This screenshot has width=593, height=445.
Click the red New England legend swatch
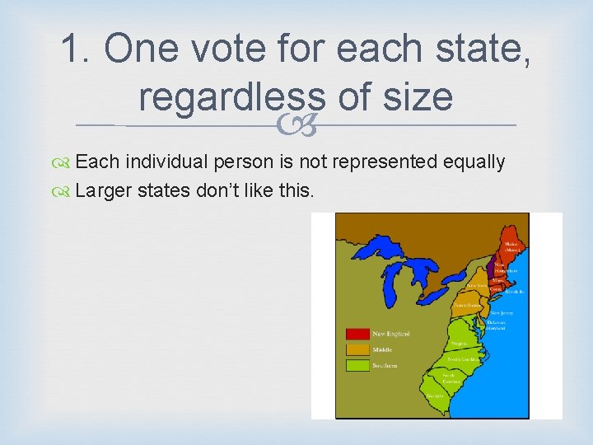(357, 334)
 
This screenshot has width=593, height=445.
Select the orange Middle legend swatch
(357, 349)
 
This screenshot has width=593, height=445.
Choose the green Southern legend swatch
(357, 365)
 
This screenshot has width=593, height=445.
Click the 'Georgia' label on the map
(436, 396)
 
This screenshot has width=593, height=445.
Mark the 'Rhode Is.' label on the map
(516, 292)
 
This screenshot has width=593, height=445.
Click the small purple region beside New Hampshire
(492, 267)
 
